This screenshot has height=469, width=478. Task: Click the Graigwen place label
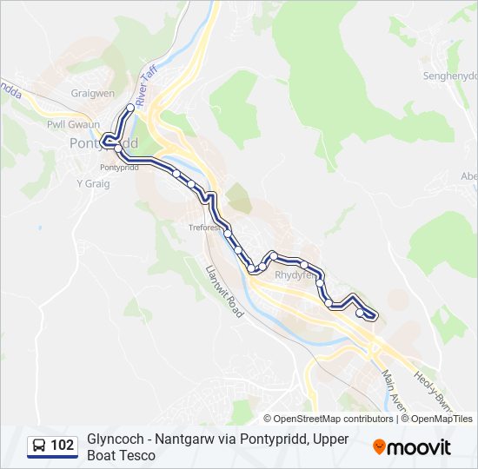(x=93, y=94)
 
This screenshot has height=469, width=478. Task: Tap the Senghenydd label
(x=448, y=76)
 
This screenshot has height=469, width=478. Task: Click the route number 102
(x=63, y=446)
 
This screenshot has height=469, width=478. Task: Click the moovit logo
(x=412, y=447)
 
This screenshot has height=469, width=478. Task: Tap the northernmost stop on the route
(x=131, y=107)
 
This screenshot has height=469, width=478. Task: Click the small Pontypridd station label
(x=119, y=167)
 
